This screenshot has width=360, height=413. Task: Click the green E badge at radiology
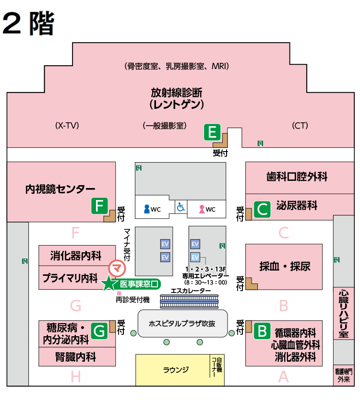[212, 132]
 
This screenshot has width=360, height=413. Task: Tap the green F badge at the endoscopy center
[99, 206]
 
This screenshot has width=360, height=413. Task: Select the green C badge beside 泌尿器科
[262, 210]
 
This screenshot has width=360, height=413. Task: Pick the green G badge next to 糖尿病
[99, 331]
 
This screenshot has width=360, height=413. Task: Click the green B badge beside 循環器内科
[262, 331]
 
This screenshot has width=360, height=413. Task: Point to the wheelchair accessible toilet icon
[181, 207]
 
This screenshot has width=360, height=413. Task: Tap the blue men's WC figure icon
[147, 209]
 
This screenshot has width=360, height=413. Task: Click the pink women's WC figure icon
[202, 209]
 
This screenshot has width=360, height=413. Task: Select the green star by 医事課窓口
[109, 283]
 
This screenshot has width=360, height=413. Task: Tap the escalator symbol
[189, 302]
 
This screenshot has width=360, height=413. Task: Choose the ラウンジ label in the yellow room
[176, 370]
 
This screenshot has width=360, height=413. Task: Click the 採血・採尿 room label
[285, 266]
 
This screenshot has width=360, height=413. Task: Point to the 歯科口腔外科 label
[297, 177]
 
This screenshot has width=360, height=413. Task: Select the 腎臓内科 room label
[76, 357]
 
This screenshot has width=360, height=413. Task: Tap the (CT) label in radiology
[300, 125]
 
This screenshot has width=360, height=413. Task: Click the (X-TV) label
[67, 125]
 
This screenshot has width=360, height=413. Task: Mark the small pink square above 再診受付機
[119, 293]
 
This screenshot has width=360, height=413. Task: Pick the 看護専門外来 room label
[344, 375]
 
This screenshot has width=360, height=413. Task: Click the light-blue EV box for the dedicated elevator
[195, 257]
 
